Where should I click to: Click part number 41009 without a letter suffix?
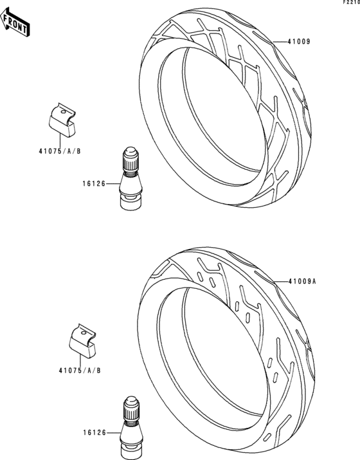click(298, 42)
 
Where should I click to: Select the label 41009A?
click(302, 282)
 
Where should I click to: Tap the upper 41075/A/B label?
click(60, 151)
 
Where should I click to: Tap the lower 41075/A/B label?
click(80, 371)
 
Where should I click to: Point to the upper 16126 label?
click(93, 184)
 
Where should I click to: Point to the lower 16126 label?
click(94, 432)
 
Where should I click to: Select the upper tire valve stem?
click(131, 179)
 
